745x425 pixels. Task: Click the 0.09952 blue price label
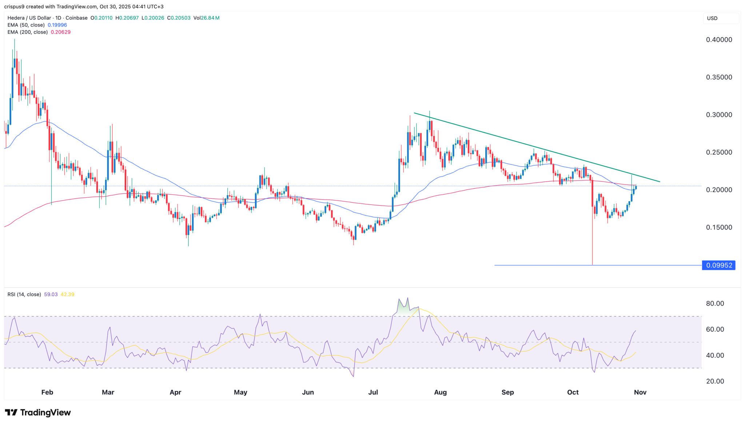click(x=719, y=265)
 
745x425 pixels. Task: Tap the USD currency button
click(x=712, y=18)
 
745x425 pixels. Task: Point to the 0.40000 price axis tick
click(x=719, y=40)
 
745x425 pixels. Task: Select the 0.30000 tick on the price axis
click(x=719, y=115)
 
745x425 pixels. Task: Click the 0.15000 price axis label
click(x=719, y=227)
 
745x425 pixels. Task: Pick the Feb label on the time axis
click(x=47, y=392)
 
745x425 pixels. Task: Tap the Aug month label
click(x=440, y=392)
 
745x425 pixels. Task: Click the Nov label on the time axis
click(x=640, y=392)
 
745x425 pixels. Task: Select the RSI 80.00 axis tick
click(x=715, y=303)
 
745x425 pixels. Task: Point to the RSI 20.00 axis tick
click(x=715, y=381)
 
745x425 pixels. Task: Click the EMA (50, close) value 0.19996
click(x=57, y=25)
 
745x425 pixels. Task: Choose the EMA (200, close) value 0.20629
click(x=61, y=32)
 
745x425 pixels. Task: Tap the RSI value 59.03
click(x=51, y=294)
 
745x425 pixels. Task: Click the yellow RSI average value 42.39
click(x=67, y=294)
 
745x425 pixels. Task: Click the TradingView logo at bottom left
click(x=38, y=412)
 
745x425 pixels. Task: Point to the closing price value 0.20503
click(x=181, y=18)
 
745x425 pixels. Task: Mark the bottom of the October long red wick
click(x=592, y=265)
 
